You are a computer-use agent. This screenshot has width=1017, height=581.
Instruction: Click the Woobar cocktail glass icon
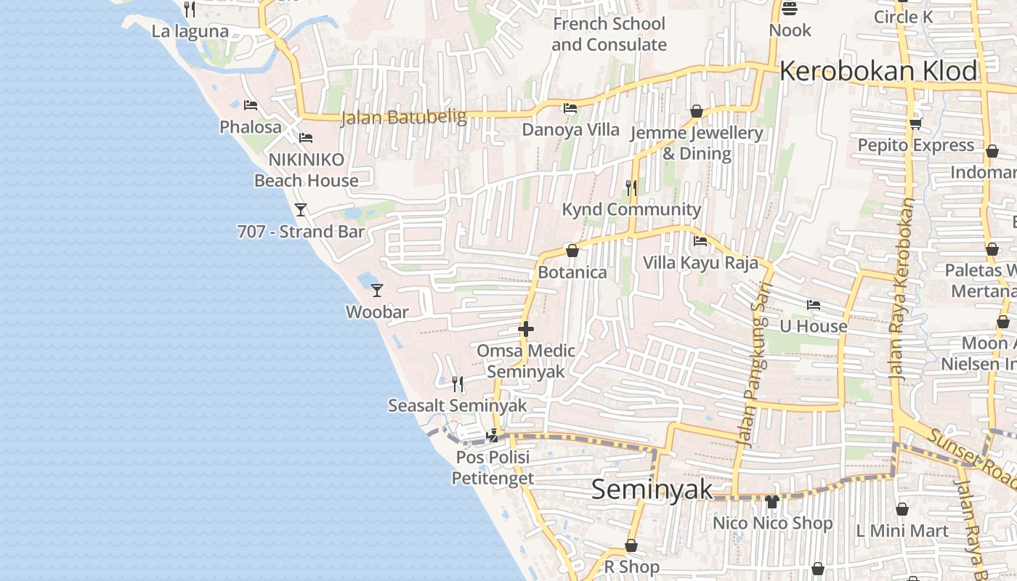pyautogui.click(x=376, y=290)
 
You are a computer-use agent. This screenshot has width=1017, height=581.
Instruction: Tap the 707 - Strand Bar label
pyautogui.click(x=301, y=232)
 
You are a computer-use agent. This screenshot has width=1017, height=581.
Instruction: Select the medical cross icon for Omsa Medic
pyautogui.click(x=526, y=329)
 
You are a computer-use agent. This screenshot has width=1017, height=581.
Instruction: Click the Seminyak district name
pyautogui.click(x=652, y=489)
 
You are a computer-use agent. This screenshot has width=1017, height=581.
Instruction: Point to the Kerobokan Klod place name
pyautogui.click(x=878, y=71)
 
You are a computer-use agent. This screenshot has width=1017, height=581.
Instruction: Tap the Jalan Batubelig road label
pyautogui.click(x=404, y=117)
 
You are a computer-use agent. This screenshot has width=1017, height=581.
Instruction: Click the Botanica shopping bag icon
pyautogui.click(x=572, y=251)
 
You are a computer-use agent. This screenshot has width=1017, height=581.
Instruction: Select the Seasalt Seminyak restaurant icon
pyautogui.click(x=458, y=383)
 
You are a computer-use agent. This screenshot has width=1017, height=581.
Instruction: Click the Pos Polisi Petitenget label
pyautogui.click(x=493, y=468)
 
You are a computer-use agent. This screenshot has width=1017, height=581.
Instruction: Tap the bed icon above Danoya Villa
pyautogui.click(x=570, y=108)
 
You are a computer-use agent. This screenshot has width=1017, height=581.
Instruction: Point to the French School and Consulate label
pyautogui.click(x=609, y=34)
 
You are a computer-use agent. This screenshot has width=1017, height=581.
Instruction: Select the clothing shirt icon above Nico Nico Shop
pyautogui.click(x=771, y=501)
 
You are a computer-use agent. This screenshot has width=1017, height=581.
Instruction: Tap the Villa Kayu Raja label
pyautogui.click(x=700, y=262)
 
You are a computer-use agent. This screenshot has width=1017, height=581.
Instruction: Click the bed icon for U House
pyautogui.click(x=814, y=305)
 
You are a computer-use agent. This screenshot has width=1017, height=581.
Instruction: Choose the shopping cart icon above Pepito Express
pyautogui.click(x=915, y=123)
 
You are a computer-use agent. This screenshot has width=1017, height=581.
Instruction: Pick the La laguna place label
pyautogui.click(x=190, y=31)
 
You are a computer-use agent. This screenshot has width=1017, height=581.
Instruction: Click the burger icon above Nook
pyautogui.click(x=790, y=9)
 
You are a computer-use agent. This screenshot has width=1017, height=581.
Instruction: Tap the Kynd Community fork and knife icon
pyautogui.click(x=631, y=188)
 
